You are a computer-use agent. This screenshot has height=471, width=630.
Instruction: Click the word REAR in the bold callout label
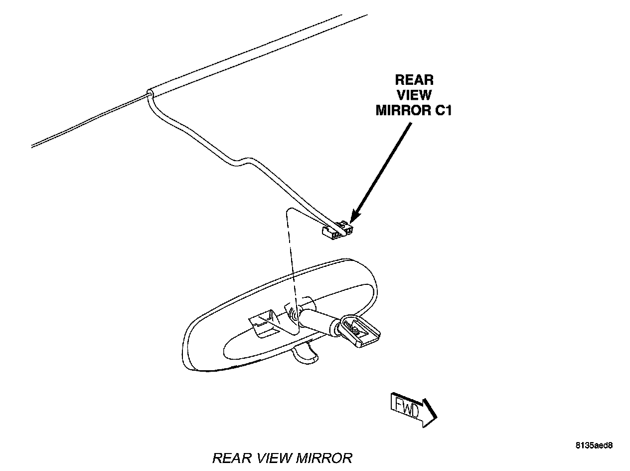(414, 80)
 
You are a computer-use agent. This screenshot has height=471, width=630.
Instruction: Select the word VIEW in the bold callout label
(414, 95)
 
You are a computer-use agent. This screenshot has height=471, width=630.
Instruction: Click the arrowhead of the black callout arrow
(352, 220)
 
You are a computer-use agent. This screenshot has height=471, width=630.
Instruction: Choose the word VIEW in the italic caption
(271, 458)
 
